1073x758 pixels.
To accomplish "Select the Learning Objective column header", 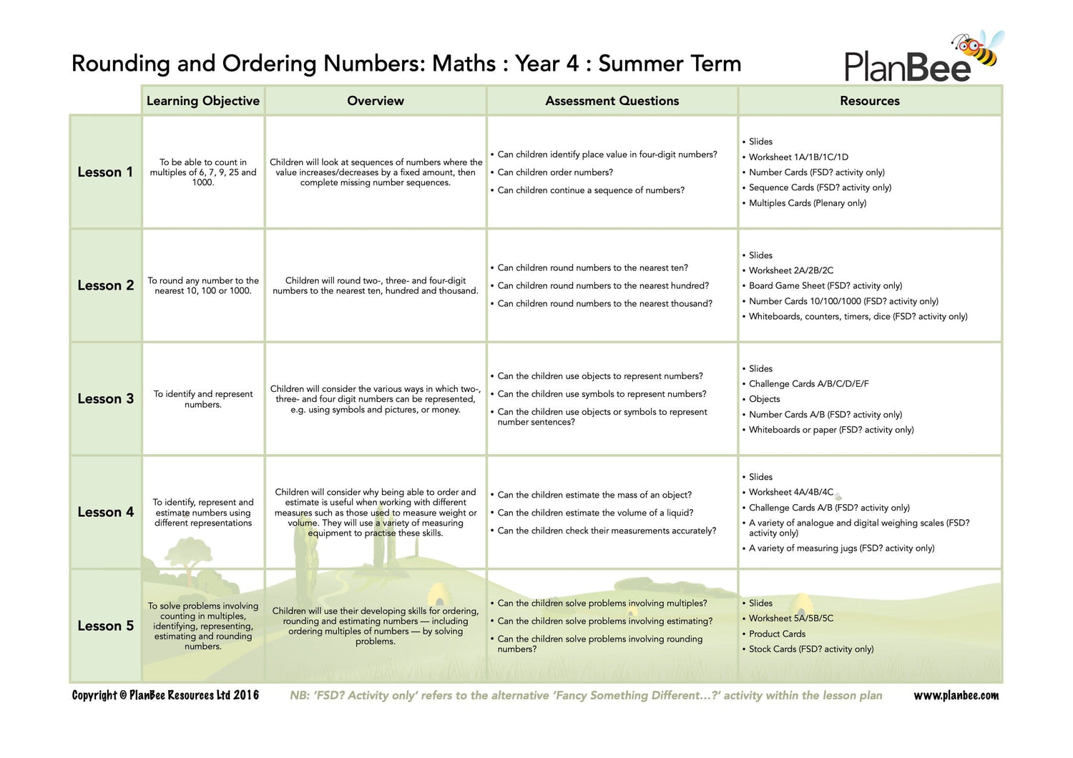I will (203, 101).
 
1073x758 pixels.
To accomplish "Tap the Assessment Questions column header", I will (612, 101).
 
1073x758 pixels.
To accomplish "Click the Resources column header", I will (869, 101).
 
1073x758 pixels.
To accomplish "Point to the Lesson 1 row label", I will (105, 172).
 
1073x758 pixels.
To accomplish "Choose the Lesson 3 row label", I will (105, 399).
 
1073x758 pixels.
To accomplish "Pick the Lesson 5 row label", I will (105, 626).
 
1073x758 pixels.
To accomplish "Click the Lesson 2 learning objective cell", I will (203, 286).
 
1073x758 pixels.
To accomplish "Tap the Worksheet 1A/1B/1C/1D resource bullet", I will (798, 157).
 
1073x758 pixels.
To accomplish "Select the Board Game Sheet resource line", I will (825, 286).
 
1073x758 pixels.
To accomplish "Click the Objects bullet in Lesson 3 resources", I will (764, 399).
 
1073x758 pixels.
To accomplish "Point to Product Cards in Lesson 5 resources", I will (777, 634).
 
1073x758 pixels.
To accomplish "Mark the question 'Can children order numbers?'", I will (554, 172).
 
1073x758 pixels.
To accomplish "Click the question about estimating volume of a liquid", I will (595, 513).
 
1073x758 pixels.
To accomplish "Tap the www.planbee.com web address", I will (956, 696).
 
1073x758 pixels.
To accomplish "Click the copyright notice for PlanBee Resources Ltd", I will (165, 696).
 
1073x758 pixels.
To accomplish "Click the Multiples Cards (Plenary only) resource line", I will (807, 203).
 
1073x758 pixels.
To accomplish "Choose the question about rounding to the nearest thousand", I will (604, 304).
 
